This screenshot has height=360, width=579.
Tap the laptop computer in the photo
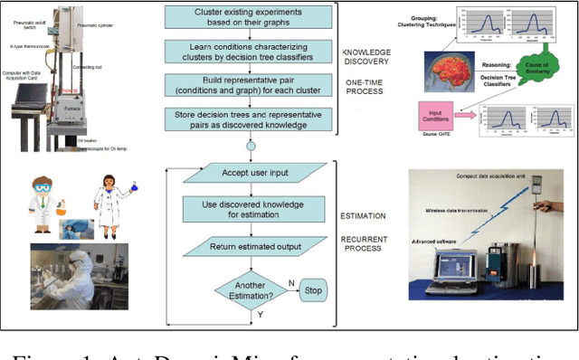(448, 267)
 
